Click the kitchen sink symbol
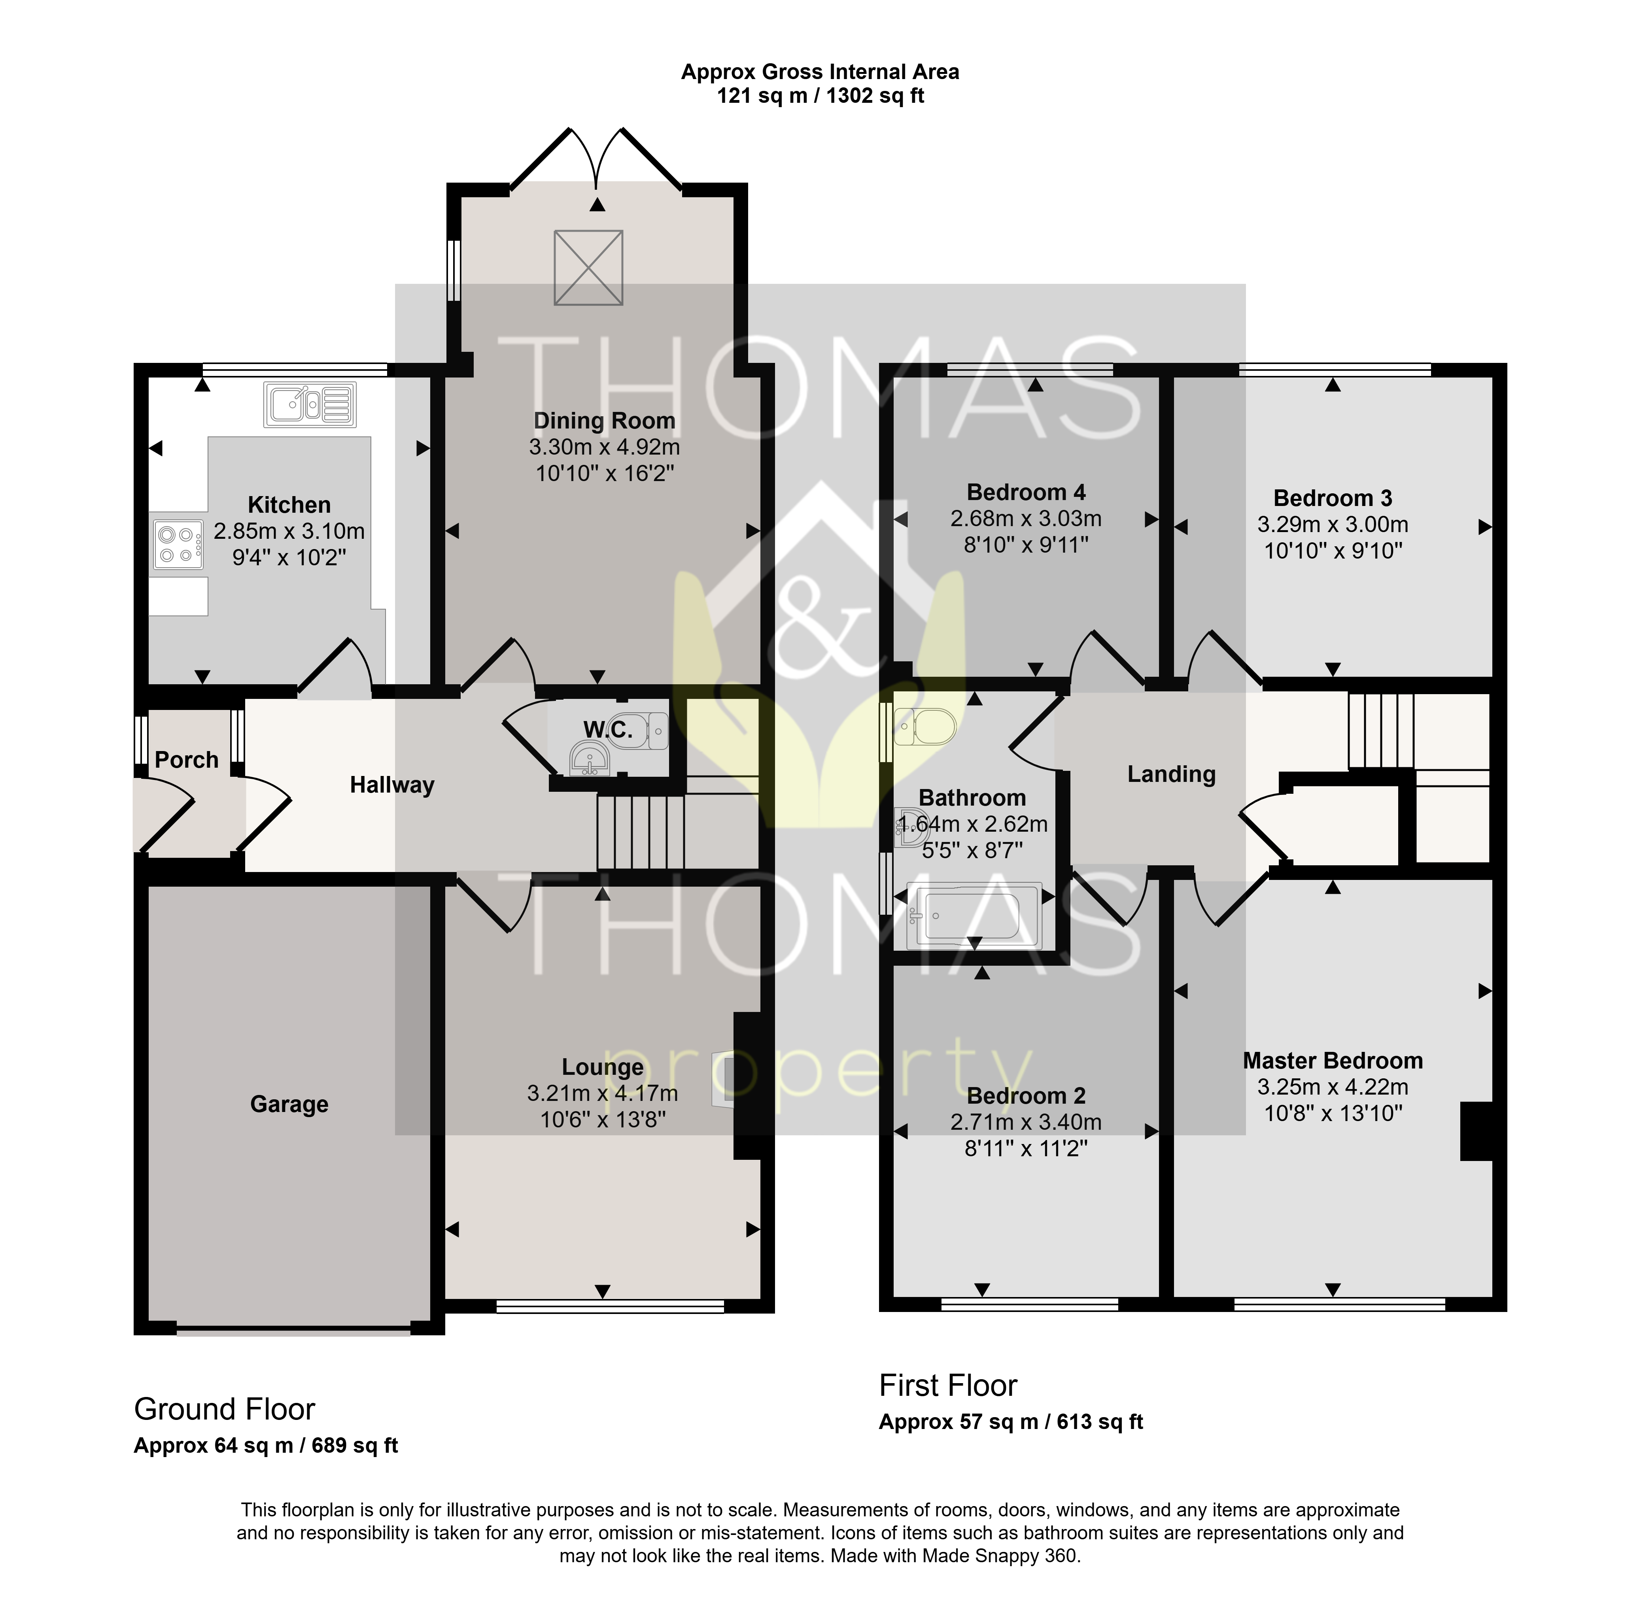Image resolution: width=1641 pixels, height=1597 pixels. [x=310, y=404]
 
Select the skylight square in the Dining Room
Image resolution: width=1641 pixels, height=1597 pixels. [x=588, y=268]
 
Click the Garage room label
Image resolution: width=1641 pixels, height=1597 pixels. [x=289, y=1104]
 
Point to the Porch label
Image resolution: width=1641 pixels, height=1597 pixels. [x=186, y=760]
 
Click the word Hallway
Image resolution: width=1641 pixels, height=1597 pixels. [x=392, y=785]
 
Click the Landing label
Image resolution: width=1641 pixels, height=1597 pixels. [x=1171, y=774]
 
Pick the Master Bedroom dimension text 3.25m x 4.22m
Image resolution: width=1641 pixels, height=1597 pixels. [x=1332, y=1087]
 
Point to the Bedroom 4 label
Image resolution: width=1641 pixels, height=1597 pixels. [x=1026, y=493]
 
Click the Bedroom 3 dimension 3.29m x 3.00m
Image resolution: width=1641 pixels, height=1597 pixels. [x=1332, y=524]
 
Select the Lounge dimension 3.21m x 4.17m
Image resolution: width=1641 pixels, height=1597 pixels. [x=602, y=1093]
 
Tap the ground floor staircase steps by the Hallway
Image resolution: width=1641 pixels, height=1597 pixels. [x=641, y=832]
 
